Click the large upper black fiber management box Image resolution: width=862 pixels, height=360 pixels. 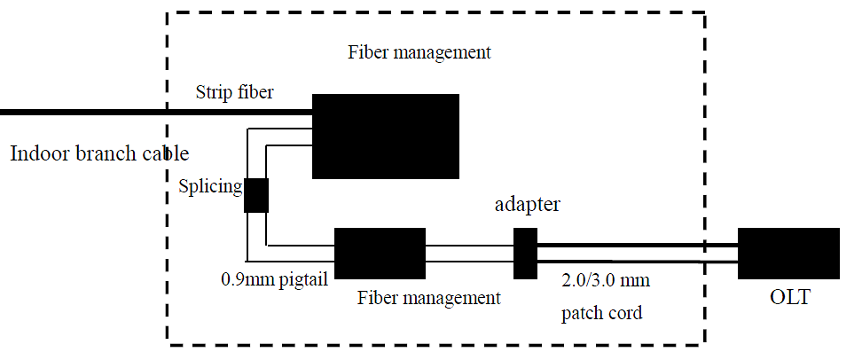[385, 136]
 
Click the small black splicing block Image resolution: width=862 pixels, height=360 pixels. [256, 195]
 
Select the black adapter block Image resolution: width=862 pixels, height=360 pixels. [526, 253]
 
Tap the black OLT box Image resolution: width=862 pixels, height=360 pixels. [788, 253]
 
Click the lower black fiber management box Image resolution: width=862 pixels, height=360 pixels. [380, 253]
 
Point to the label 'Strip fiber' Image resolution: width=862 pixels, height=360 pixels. [234, 91]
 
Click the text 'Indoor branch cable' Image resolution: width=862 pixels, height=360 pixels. [99, 153]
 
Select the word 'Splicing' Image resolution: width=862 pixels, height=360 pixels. [209, 187]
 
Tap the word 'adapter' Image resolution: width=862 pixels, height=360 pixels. [527, 206]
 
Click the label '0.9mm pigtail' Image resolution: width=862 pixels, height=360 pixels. [275, 280]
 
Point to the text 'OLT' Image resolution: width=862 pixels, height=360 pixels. [789, 300]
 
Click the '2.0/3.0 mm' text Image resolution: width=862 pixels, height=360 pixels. [606, 282]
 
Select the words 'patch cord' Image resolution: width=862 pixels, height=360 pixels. [601, 313]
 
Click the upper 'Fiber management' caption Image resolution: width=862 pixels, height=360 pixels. [419, 51]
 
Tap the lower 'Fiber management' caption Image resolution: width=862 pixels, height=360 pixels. [429, 298]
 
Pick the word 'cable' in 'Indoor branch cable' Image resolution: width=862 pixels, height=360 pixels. [163, 153]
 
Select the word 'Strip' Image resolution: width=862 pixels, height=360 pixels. [211, 91]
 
